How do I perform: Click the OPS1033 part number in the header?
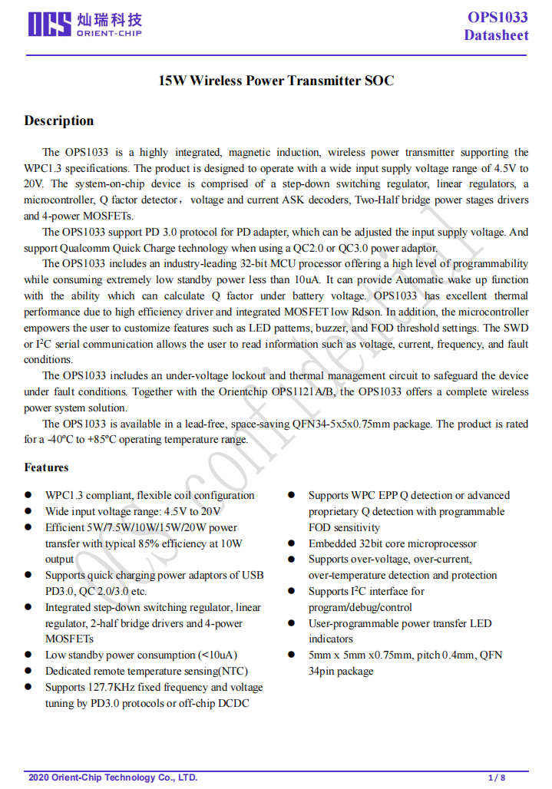tap(497, 18)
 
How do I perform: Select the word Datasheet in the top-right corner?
tap(495, 35)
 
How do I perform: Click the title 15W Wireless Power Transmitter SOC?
tap(276, 81)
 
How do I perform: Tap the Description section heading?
tap(59, 120)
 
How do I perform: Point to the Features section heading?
tap(46, 467)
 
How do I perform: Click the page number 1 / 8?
tap(497, 777)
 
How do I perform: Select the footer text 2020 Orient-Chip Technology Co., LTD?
tap(113, 777)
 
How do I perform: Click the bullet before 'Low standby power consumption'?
tap(28, 655)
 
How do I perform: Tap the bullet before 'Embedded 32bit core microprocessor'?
tap(292, 544)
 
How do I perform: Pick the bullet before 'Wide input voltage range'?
tap(28, 512)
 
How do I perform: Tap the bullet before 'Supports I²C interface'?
tap(292, 592)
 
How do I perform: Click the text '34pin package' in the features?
tap(341, 671)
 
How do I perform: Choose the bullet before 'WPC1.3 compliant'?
tap(28, 496)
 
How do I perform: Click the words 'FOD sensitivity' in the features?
tap(344, 528)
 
